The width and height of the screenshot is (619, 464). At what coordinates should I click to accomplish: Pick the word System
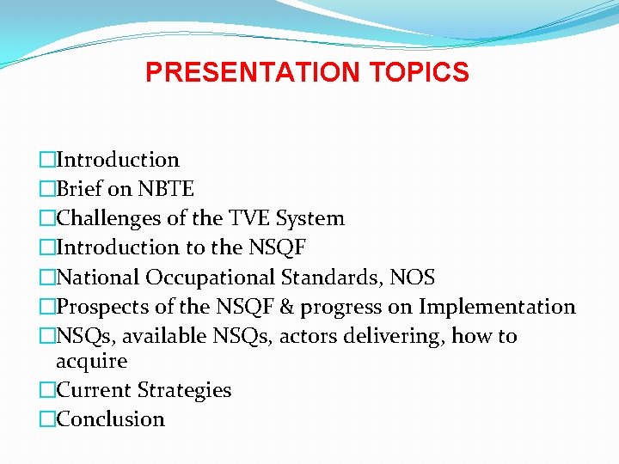[310, 218]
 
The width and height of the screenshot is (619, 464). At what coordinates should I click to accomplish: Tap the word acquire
[91, 361]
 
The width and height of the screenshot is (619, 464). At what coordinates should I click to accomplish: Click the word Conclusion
[110, 419]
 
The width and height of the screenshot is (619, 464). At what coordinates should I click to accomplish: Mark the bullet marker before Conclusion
[46, 419]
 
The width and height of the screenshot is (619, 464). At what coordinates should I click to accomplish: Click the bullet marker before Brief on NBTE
[46, 189]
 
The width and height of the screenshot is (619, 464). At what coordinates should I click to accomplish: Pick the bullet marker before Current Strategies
[46, 390]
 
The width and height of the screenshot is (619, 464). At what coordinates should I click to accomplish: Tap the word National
[98, 278]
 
